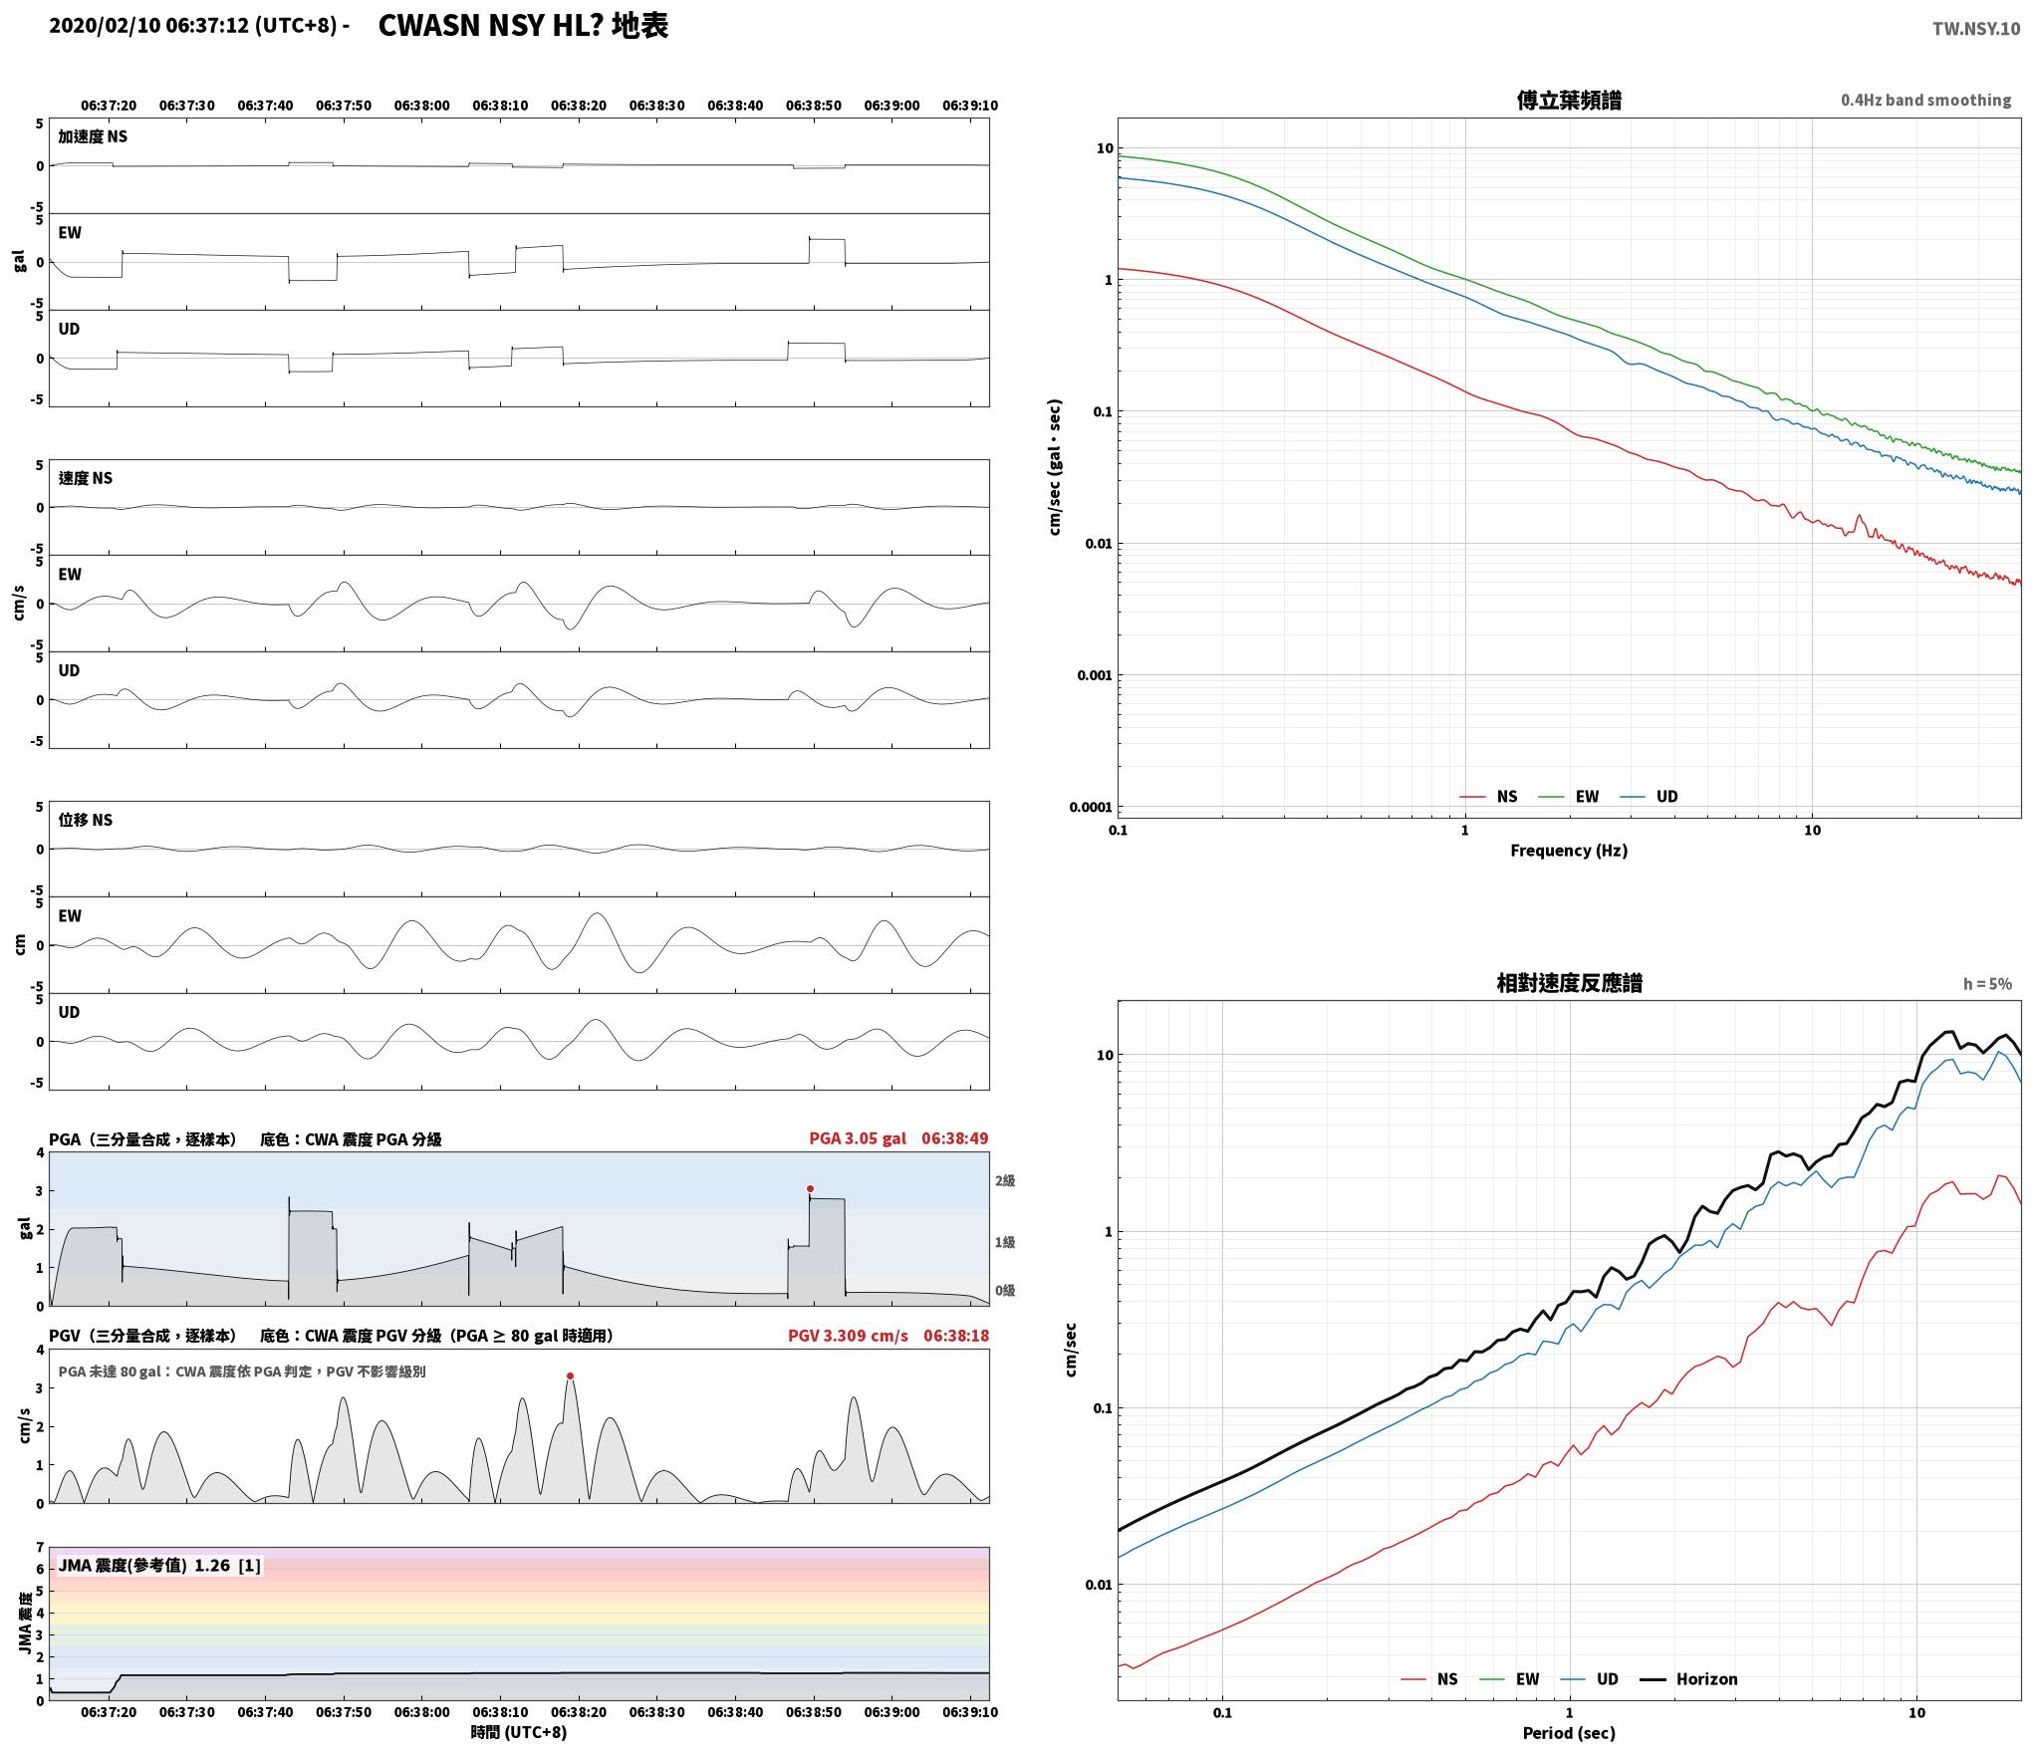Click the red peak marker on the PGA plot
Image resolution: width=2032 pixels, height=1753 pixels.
(810, 1188)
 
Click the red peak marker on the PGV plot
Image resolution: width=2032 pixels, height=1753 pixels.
(570, 1376)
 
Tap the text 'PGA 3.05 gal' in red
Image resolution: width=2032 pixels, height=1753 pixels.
(858, 1138)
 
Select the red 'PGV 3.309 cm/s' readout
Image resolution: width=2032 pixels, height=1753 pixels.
(848, 1335)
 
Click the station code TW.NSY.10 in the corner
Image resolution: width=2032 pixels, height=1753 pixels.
(1976, 29)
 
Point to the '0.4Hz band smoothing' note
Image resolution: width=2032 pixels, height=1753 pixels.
(1925, 101)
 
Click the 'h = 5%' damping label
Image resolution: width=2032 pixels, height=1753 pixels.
(1987, 984)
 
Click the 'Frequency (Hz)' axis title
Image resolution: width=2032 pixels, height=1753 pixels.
(1569, 850)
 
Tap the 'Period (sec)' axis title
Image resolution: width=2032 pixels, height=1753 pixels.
(1569, 1733)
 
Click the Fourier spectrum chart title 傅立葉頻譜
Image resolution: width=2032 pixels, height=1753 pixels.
(1569, 100)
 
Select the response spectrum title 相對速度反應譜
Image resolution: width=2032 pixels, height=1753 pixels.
(1569, 983)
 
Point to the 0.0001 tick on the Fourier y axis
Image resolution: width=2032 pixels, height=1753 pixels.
(1091, 807)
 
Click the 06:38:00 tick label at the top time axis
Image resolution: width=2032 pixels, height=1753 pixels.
(421, 105)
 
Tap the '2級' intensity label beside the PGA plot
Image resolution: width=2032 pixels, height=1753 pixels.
(1005, 1180)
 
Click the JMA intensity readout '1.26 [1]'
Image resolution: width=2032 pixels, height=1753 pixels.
(227, 1565)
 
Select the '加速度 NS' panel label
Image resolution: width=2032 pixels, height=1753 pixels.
(93, 136)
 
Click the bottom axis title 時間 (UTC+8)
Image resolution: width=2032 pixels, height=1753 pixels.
(518, 1732)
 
